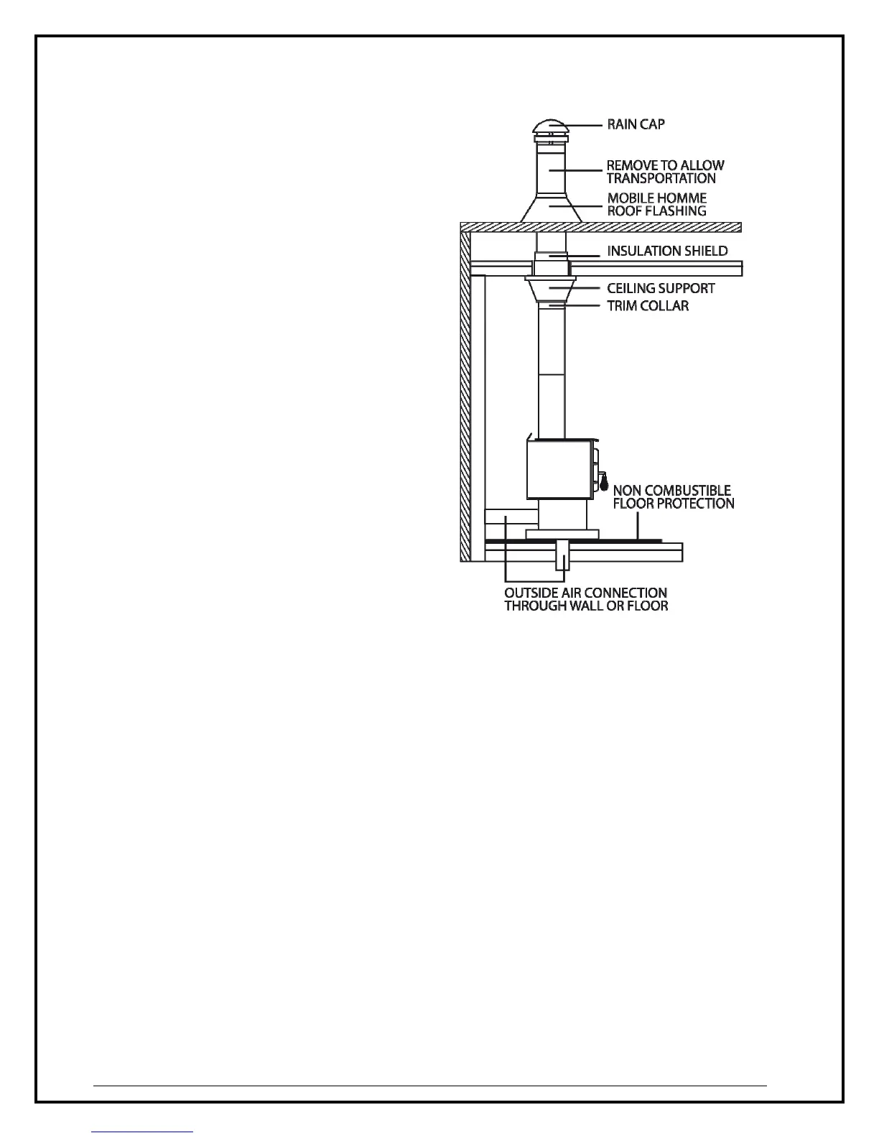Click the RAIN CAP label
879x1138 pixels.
636,124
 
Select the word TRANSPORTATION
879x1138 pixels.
661,178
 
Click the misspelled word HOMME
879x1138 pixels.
684,198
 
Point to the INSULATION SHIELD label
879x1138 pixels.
667,251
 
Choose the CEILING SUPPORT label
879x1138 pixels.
661,288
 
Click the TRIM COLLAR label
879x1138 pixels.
648,306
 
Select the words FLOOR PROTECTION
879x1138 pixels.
673,504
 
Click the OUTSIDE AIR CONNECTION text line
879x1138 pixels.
585,593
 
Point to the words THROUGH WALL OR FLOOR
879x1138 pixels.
585,606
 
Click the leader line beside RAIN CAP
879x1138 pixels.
584,124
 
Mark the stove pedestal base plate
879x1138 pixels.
562,534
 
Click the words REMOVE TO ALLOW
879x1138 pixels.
665,165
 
